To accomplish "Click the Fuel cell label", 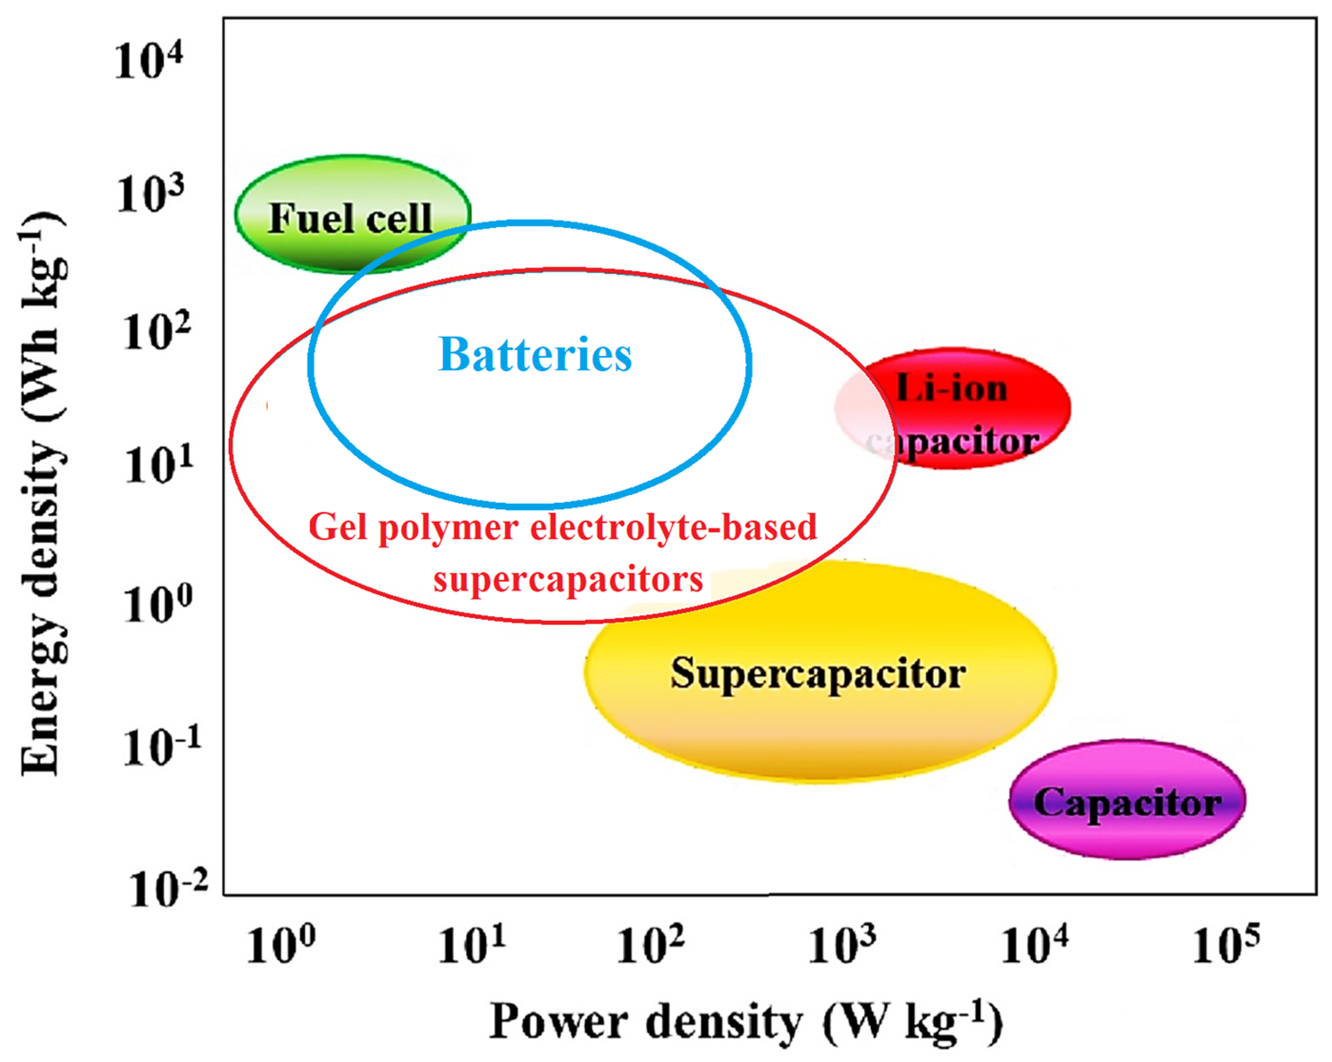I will click(350, 218).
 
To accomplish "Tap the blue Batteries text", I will click(535, 354).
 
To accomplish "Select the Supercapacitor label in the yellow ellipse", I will click(818, 673).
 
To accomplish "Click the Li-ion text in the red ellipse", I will click(951, 389).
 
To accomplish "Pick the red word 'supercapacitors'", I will click(568, 579).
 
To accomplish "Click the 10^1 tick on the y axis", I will click(158, 465).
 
